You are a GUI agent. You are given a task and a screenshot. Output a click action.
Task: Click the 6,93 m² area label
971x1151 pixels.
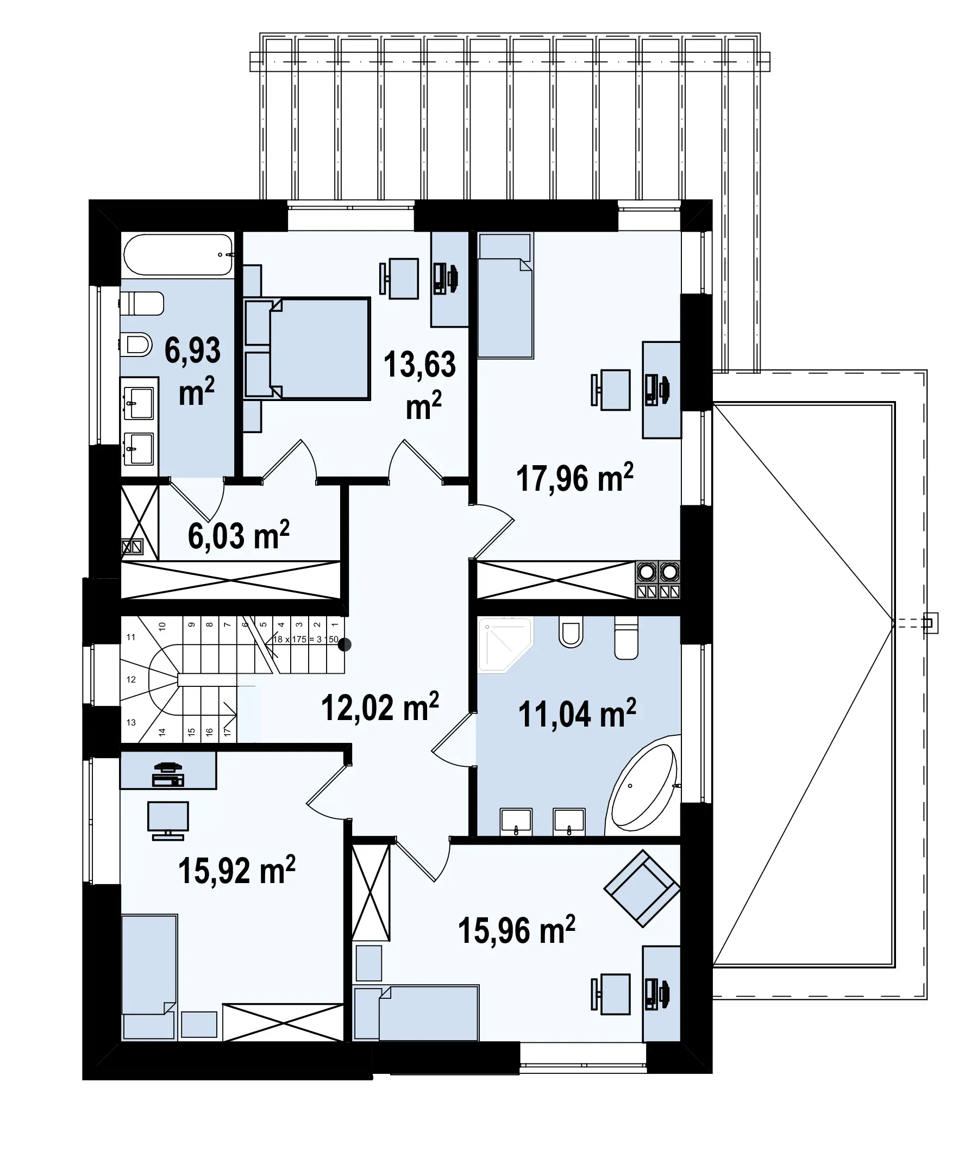click(x=193, y=372)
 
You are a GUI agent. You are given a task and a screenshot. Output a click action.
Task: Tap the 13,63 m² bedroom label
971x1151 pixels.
click(x=420, y=386)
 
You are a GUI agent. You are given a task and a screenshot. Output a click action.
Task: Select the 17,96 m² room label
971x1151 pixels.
click(x=575, y=477)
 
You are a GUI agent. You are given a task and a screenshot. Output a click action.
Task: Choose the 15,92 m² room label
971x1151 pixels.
click(x=237, y=869)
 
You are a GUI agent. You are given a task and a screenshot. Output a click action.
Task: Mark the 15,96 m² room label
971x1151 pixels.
click(x=516, y=930)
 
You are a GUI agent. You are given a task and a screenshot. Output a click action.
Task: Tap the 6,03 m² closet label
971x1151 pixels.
click(x=239, y=535)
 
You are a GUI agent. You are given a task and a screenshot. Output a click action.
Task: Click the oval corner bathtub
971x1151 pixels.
click(x=643, y=787)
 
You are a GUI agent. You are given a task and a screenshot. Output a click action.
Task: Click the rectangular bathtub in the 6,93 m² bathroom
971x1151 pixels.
click(x=178, y=255)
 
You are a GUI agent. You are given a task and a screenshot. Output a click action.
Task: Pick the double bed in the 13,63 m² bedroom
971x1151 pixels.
click(x=306, y=348)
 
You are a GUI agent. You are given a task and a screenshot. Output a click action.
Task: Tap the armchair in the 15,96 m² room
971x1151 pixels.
click(x=642, y=889)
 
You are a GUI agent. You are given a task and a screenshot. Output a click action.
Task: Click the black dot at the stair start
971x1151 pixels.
click(x=344, y=645)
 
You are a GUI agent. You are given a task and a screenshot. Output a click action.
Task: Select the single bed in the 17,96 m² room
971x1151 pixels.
click(x=505, y=296)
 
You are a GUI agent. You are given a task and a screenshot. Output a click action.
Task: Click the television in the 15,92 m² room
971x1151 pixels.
click(x=168, y=820)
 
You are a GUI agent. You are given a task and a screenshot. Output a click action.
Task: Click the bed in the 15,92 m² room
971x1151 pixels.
click(x=149, y=978)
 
